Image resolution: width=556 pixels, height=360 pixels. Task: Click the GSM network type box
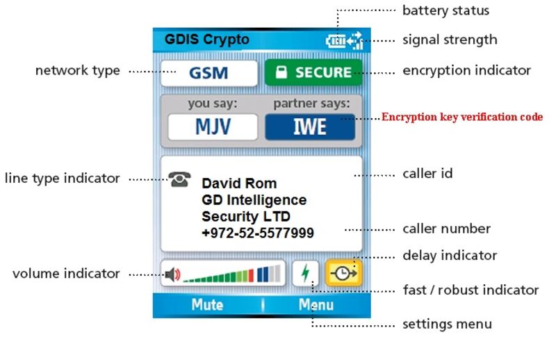[x=209, y=73]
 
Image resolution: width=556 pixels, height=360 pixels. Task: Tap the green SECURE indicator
[x=313, y=72]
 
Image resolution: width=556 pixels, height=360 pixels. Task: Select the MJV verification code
[x=213, y=127]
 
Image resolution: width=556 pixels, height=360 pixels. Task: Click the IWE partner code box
[x=310, y=127]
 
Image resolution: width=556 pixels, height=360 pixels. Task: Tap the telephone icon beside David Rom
[x=179, y=179]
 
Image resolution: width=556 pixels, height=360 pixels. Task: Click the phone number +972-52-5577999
[x=258, y=233]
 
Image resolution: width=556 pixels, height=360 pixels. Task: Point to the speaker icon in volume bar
[x=172, y=274]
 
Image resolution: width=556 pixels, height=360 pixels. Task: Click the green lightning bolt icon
[x=305, y=273]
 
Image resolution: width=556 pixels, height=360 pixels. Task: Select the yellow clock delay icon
[x=343, y=273]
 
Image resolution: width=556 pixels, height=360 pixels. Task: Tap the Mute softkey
[x=207, y=304]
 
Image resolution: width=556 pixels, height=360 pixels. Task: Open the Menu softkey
[x=316, y=304]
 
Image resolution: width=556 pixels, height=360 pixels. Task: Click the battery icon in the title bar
[x=335, y=41]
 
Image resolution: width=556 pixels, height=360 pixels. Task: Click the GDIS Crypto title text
[x=207, y=39]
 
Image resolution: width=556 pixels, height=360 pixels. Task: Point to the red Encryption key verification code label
[x=462, y=117]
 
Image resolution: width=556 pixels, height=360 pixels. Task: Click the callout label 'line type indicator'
[x=63, y=178]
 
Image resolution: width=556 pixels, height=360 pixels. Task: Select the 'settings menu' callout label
[x=447, y=324]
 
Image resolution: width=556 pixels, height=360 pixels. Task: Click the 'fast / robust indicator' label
[x=471, y=290]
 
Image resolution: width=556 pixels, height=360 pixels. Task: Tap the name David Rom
[x=239, y=183]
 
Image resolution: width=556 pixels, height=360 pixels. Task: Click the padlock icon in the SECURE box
[x=281, y=72]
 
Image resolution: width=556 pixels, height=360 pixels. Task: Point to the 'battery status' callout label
[x=445, y=10]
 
